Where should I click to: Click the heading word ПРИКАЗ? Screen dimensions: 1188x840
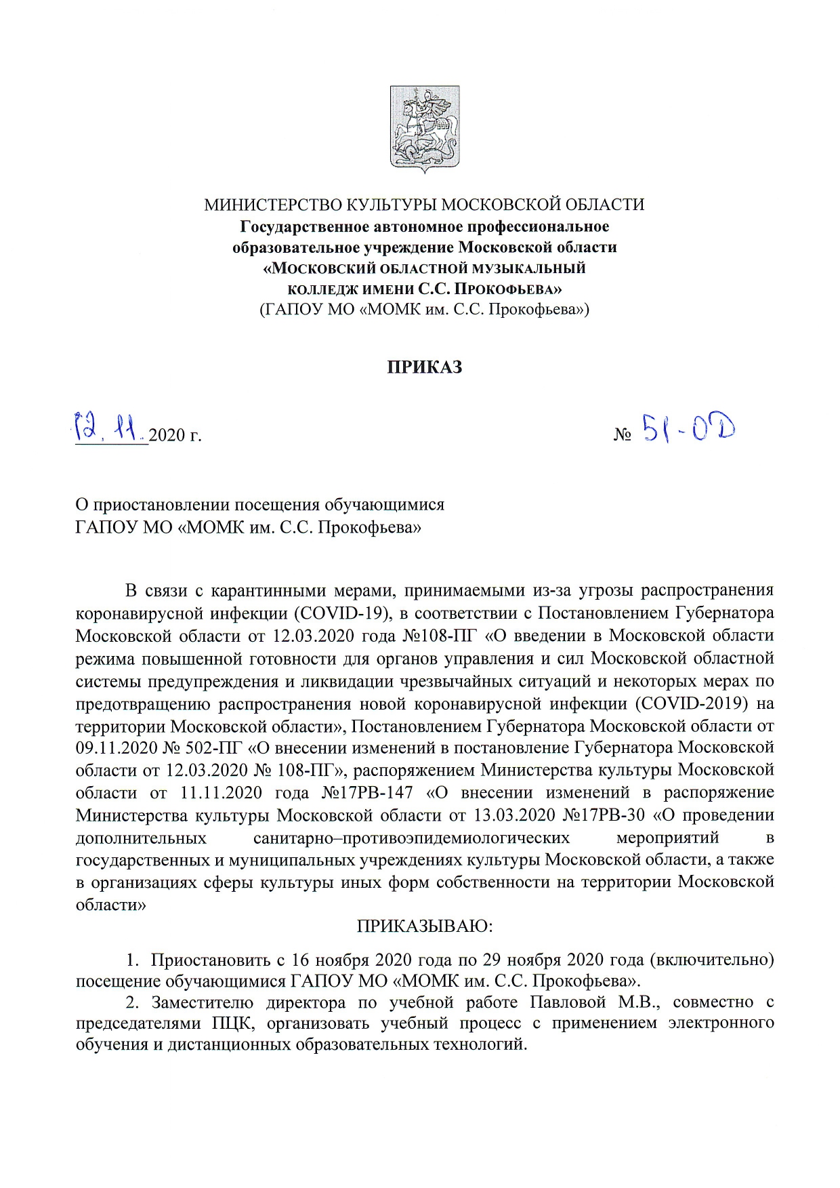[x=425, y=367]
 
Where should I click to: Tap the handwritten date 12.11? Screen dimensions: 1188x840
[x=109, y=426]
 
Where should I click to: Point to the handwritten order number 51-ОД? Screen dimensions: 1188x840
[x=688, y=428]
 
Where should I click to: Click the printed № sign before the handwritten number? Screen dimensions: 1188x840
[x=623, y=435]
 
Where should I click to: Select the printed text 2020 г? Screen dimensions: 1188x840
[x=175, y=435]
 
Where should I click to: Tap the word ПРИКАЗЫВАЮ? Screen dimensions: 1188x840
[x=425, y=926]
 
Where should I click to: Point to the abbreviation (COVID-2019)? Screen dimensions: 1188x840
[x=692, y=703]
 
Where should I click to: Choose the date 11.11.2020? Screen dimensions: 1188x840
[x=222, y=793]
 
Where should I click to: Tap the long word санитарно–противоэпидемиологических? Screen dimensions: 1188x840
[x=411, y=838]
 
